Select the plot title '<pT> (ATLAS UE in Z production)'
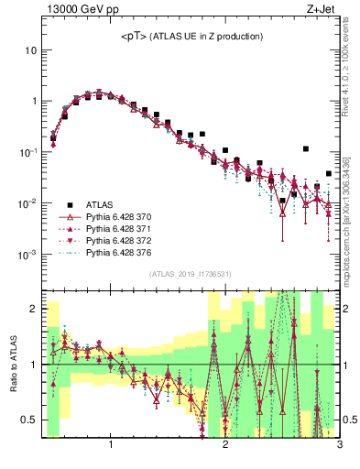[192, 36]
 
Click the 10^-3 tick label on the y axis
[27, 254]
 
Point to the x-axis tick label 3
[338, 446]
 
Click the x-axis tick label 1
[111, 446]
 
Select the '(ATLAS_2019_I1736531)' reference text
[190, 274]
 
